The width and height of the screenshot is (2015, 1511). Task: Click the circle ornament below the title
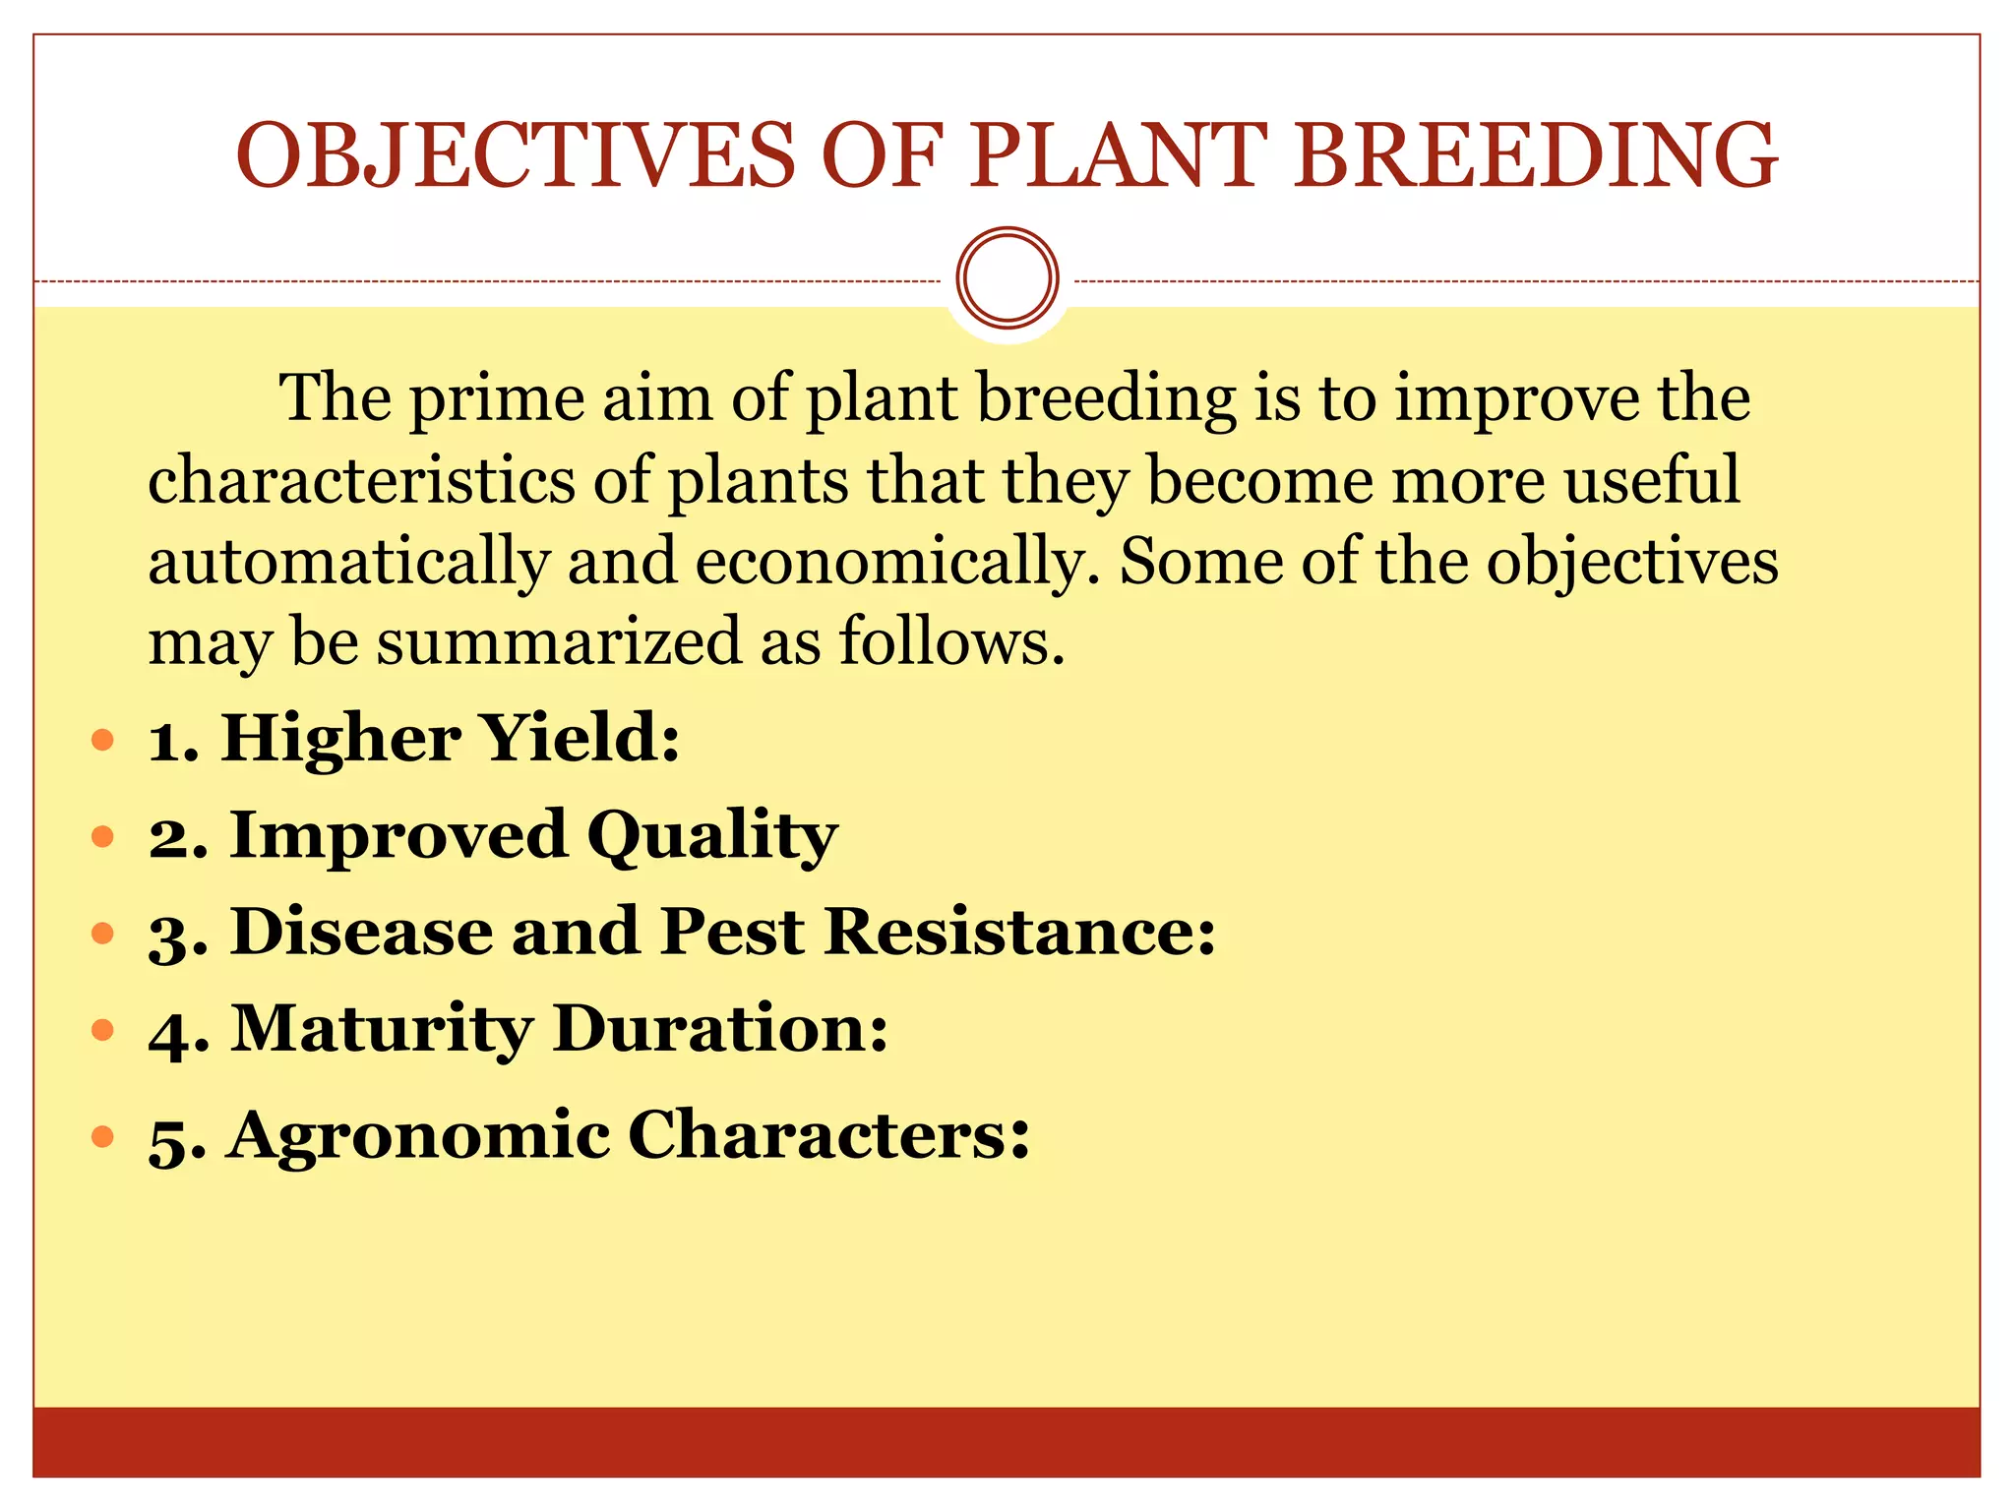point(1007,278)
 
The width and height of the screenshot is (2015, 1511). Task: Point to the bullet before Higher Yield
point(102,739)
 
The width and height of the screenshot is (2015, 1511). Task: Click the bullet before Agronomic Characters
point(102,1137)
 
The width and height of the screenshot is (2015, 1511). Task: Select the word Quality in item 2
point(712,836)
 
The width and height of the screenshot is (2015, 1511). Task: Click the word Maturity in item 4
point(382,1029)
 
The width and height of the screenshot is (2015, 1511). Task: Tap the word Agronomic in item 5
point(418,1136)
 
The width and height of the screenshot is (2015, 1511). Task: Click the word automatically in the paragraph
point(348,562)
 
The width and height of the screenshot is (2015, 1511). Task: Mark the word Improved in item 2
point(397,836)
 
